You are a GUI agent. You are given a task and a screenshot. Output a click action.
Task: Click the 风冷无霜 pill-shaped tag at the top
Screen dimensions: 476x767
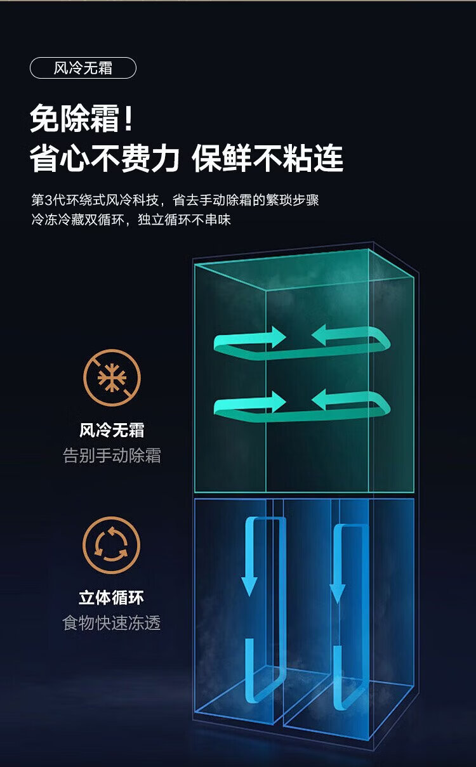click(x=83, y=68)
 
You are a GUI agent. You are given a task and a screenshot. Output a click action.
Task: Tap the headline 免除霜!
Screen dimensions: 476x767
click(x=81, y=119)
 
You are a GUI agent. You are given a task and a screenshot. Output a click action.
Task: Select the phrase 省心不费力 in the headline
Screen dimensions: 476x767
click(x=105, y=159)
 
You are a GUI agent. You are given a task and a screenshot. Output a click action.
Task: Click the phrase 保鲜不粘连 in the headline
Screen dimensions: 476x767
click(x=267, y=159)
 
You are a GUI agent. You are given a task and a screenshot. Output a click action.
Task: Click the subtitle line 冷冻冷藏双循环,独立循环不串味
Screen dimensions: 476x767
click(x=131, y=220)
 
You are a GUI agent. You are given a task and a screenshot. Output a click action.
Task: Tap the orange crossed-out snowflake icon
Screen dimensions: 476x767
click(x=112, y=377)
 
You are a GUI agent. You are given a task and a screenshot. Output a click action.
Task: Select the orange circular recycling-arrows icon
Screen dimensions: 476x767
click(x=111, y=545)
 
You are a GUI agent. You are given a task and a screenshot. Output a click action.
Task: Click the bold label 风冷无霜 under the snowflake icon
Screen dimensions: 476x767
click(x=112, y=430)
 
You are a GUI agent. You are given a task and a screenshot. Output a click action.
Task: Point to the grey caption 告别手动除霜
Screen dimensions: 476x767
click(x=112, y=456)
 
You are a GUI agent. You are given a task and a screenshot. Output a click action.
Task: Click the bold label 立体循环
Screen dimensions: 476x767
click(x=111, y=598)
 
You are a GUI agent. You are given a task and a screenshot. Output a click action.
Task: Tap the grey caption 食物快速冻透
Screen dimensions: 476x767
click(x=112, y=623)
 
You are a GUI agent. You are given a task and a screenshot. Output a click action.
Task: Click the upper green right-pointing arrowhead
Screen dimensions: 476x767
click(x=279, y=338)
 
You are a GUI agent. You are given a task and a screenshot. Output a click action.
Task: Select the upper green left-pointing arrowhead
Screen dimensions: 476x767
click(x=319, y=335)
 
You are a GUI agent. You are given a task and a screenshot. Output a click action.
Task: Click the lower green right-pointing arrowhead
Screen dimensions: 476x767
click(x=279, y=402)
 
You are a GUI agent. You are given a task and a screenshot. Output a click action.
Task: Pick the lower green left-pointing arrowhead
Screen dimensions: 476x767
click(x=319, y=399)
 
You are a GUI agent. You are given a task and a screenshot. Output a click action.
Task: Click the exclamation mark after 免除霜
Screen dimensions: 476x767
click(x=129, y=119)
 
